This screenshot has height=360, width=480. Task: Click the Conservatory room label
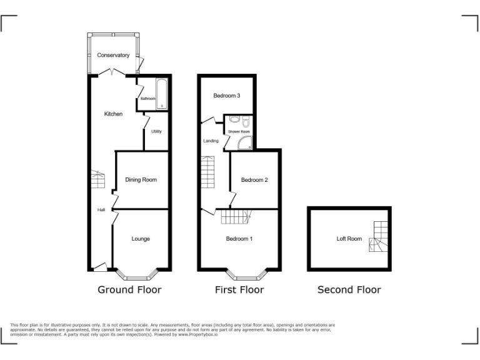tap(113, 56)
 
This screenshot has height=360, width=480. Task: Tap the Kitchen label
tap(113, 114)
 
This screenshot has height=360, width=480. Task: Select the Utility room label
tap(156, 131)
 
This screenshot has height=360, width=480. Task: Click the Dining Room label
tap(141, 180)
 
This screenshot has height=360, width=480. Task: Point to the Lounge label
tap(141, 239)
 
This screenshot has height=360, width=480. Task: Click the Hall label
tap(101, 210)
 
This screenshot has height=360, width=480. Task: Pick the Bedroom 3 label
tap(226, 96)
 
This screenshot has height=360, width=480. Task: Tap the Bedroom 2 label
tap(254, 180)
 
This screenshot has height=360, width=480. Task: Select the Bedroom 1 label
tap(239, 239)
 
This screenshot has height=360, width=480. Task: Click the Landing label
tap(211, 141)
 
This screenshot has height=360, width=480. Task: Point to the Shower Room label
tap(239, 132)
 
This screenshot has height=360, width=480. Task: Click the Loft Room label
tap(349, 239)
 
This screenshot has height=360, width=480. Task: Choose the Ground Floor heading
tap(129, 289)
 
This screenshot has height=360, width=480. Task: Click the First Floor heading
tap(239, 289)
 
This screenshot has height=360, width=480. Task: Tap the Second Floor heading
tap(349, 289)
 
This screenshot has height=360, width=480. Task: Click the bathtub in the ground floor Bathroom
tap(162, 94)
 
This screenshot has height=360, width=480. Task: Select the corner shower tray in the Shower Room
tap(245, 144)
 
